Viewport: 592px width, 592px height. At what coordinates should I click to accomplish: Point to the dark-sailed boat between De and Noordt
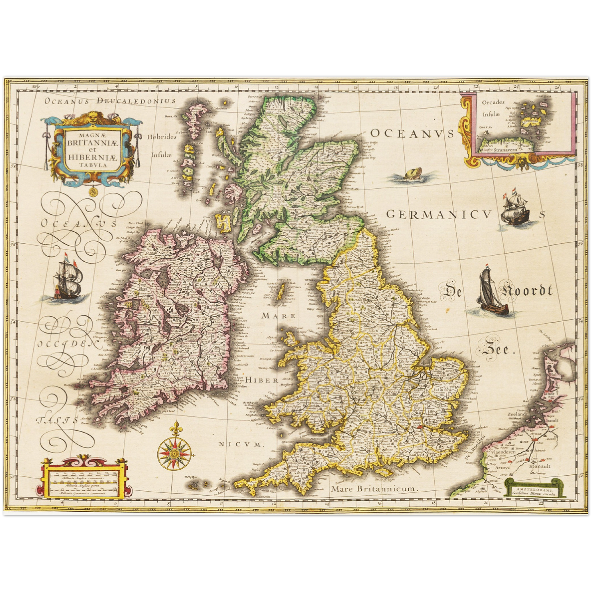(x=491, y=292)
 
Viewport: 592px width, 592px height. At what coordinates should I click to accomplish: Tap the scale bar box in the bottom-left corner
(x=82, y=480)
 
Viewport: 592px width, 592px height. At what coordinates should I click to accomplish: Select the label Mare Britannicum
(x=374, y=488)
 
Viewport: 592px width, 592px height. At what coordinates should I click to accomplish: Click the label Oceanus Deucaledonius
(x=110, y=101)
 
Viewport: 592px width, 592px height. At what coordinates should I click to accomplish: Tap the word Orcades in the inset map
(x=493, y=102)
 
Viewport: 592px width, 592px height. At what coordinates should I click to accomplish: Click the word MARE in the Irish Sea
(x=279, y=315)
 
